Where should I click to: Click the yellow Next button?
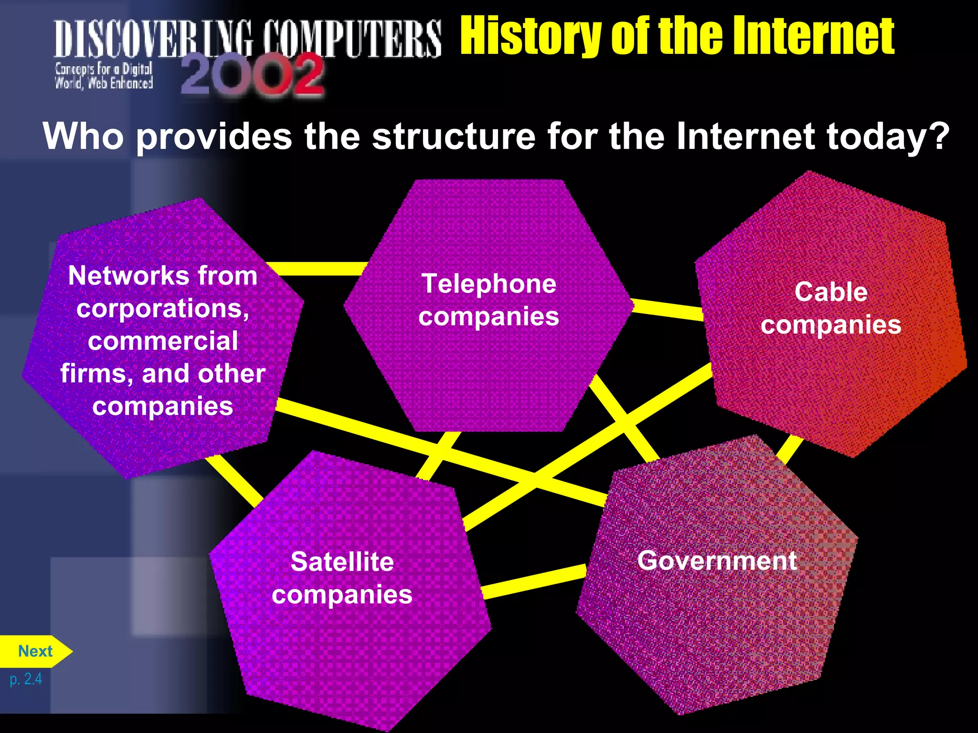(x=34, y=651)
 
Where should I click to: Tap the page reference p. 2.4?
(x=26, y=679)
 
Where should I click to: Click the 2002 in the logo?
(x=252, y=75)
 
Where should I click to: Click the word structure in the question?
(x=454, y=136)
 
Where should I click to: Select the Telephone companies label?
(x=489, y=300)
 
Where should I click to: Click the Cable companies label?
(x=831, y=308)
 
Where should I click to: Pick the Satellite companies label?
(x=342, y=578)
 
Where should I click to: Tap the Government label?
(x=717, y=561)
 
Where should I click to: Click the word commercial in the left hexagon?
(x=163, y=341)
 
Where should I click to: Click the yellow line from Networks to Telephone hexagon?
(x=318, y=269)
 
